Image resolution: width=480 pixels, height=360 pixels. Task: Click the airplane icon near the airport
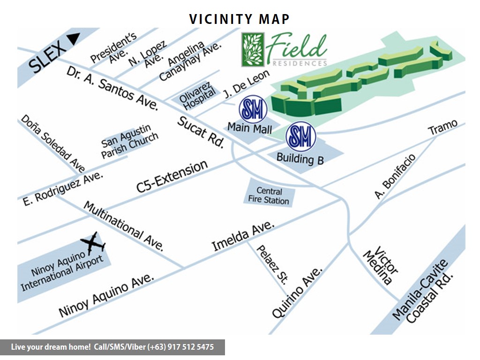coord(93,243)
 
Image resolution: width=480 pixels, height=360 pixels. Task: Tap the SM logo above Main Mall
coord(253,110)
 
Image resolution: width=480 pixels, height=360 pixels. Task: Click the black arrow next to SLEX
coord(73,39)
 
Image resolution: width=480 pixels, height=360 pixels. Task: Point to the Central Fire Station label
coord(270,196)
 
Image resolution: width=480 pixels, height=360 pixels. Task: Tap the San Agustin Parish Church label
coord(129,142)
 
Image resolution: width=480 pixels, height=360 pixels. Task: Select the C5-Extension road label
coord(172,176)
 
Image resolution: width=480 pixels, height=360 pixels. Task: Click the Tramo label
coord(443,127)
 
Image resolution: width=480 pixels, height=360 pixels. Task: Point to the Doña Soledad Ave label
coord(53,143)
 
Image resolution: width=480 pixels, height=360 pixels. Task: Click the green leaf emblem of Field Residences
coord(253,50)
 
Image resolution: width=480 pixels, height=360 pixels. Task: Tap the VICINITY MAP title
coord(240,19)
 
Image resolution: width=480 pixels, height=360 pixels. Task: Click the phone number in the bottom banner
coord(180,347)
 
